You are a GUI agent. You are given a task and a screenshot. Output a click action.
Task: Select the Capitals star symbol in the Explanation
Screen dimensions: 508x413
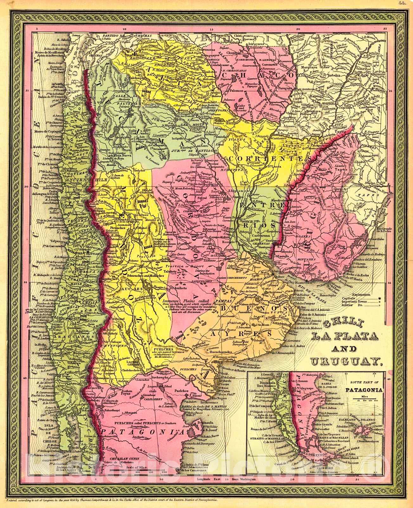coord(379,298)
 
